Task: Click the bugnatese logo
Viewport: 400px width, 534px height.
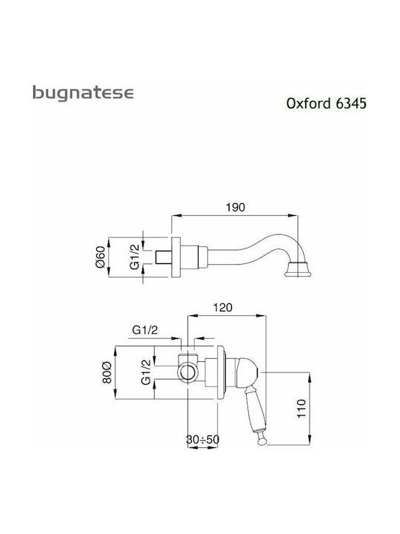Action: [83, 93]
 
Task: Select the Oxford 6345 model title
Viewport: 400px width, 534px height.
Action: [326, 103]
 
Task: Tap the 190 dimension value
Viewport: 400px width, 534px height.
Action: [235, 207]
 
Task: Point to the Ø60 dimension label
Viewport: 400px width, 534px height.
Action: [101, 257]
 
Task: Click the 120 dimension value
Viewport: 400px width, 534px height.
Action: [222, 308]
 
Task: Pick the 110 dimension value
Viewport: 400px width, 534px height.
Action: [301, 409]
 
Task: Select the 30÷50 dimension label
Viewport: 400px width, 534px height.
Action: [203, 439]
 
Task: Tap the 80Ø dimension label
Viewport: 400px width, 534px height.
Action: [107, 372]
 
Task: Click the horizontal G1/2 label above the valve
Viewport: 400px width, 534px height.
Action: [145, 329]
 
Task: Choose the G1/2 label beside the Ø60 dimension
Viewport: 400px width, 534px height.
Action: [135, 257]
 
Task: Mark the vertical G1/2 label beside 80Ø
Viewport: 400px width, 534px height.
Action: [146, 372]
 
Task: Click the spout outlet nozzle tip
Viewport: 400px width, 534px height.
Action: [298, 269]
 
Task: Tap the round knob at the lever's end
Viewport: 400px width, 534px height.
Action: [262, 441]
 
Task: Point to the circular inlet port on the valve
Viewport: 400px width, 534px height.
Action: [187, 372]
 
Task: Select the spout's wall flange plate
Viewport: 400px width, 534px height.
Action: [176, 257]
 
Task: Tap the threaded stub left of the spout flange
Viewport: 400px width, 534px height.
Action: [163, 257]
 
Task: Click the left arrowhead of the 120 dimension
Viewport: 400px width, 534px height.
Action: [193, 316]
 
